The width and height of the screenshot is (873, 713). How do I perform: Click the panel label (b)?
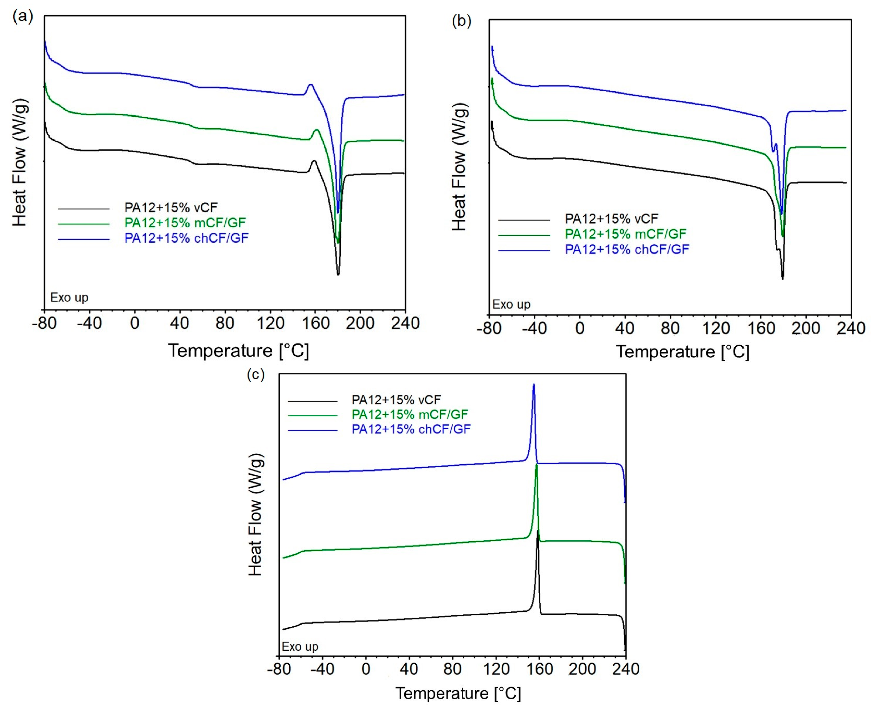point(462,21)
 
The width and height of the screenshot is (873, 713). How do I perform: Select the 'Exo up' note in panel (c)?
point(300,646)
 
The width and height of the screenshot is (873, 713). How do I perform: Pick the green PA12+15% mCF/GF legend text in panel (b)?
point(625,234)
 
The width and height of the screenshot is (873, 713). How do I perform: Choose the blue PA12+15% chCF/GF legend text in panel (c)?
point(411,429)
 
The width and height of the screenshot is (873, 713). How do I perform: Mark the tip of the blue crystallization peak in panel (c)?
point(534,384)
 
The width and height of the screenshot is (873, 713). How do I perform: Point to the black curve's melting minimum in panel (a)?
point(338,274)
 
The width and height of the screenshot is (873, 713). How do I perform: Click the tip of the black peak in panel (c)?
point(538,531)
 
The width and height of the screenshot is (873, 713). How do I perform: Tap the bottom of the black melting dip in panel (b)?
point(783,279)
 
